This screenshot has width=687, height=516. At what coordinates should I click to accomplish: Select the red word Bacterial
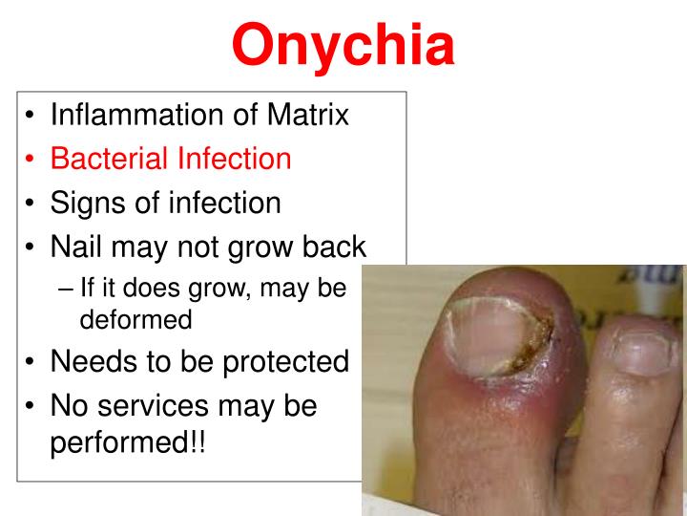coord(109,159)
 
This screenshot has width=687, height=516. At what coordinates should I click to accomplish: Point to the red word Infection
coord(233,159)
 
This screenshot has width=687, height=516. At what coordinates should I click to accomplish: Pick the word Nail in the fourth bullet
coord(77,247)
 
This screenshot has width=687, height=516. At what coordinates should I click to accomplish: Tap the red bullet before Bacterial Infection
coord(31,160)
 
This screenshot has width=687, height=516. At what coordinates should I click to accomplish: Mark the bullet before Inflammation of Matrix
coord(31,117)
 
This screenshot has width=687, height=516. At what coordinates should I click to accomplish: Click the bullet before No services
coord(31,406)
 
